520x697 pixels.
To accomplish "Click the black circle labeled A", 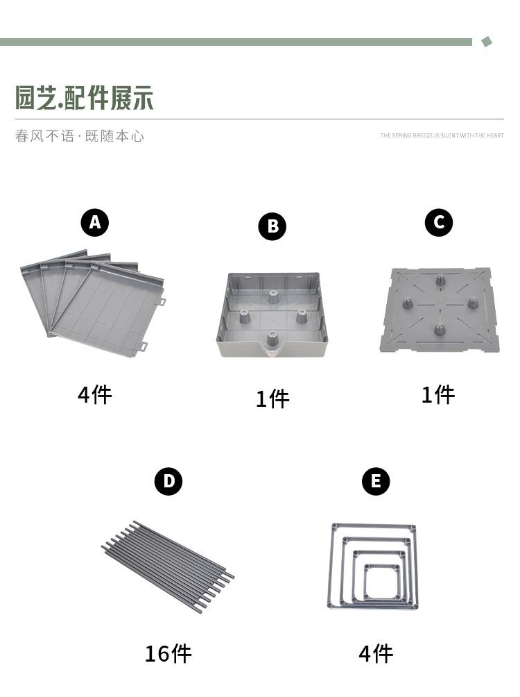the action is [x=94, y=222].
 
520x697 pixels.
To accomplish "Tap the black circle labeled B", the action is [x=272, y=226].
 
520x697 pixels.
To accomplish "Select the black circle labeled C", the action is [x=439, y=222].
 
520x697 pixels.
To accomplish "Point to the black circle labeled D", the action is [x=168, y=481].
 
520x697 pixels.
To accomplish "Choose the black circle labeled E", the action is [x=376, y=481].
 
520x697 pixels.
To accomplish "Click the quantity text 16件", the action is [x=168, y=654].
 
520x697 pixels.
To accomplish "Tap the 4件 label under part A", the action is [x=94, y=395].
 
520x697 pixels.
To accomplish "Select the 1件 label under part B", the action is [x=272, y=398].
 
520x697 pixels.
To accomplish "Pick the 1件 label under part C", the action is [x=438, y=395].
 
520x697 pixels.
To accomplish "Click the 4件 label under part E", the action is [x=376, y=654].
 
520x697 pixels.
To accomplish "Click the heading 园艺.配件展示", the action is [x=85, y=98].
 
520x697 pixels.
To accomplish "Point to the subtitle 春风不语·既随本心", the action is [x=80, y=135].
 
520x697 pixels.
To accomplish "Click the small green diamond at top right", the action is [x=487, y=42].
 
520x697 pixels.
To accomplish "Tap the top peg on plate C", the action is [x=440, y=280].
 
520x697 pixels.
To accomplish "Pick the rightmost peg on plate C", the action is [x=472, y=303].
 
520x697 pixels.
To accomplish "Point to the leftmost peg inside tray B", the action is [x=244, y=317].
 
